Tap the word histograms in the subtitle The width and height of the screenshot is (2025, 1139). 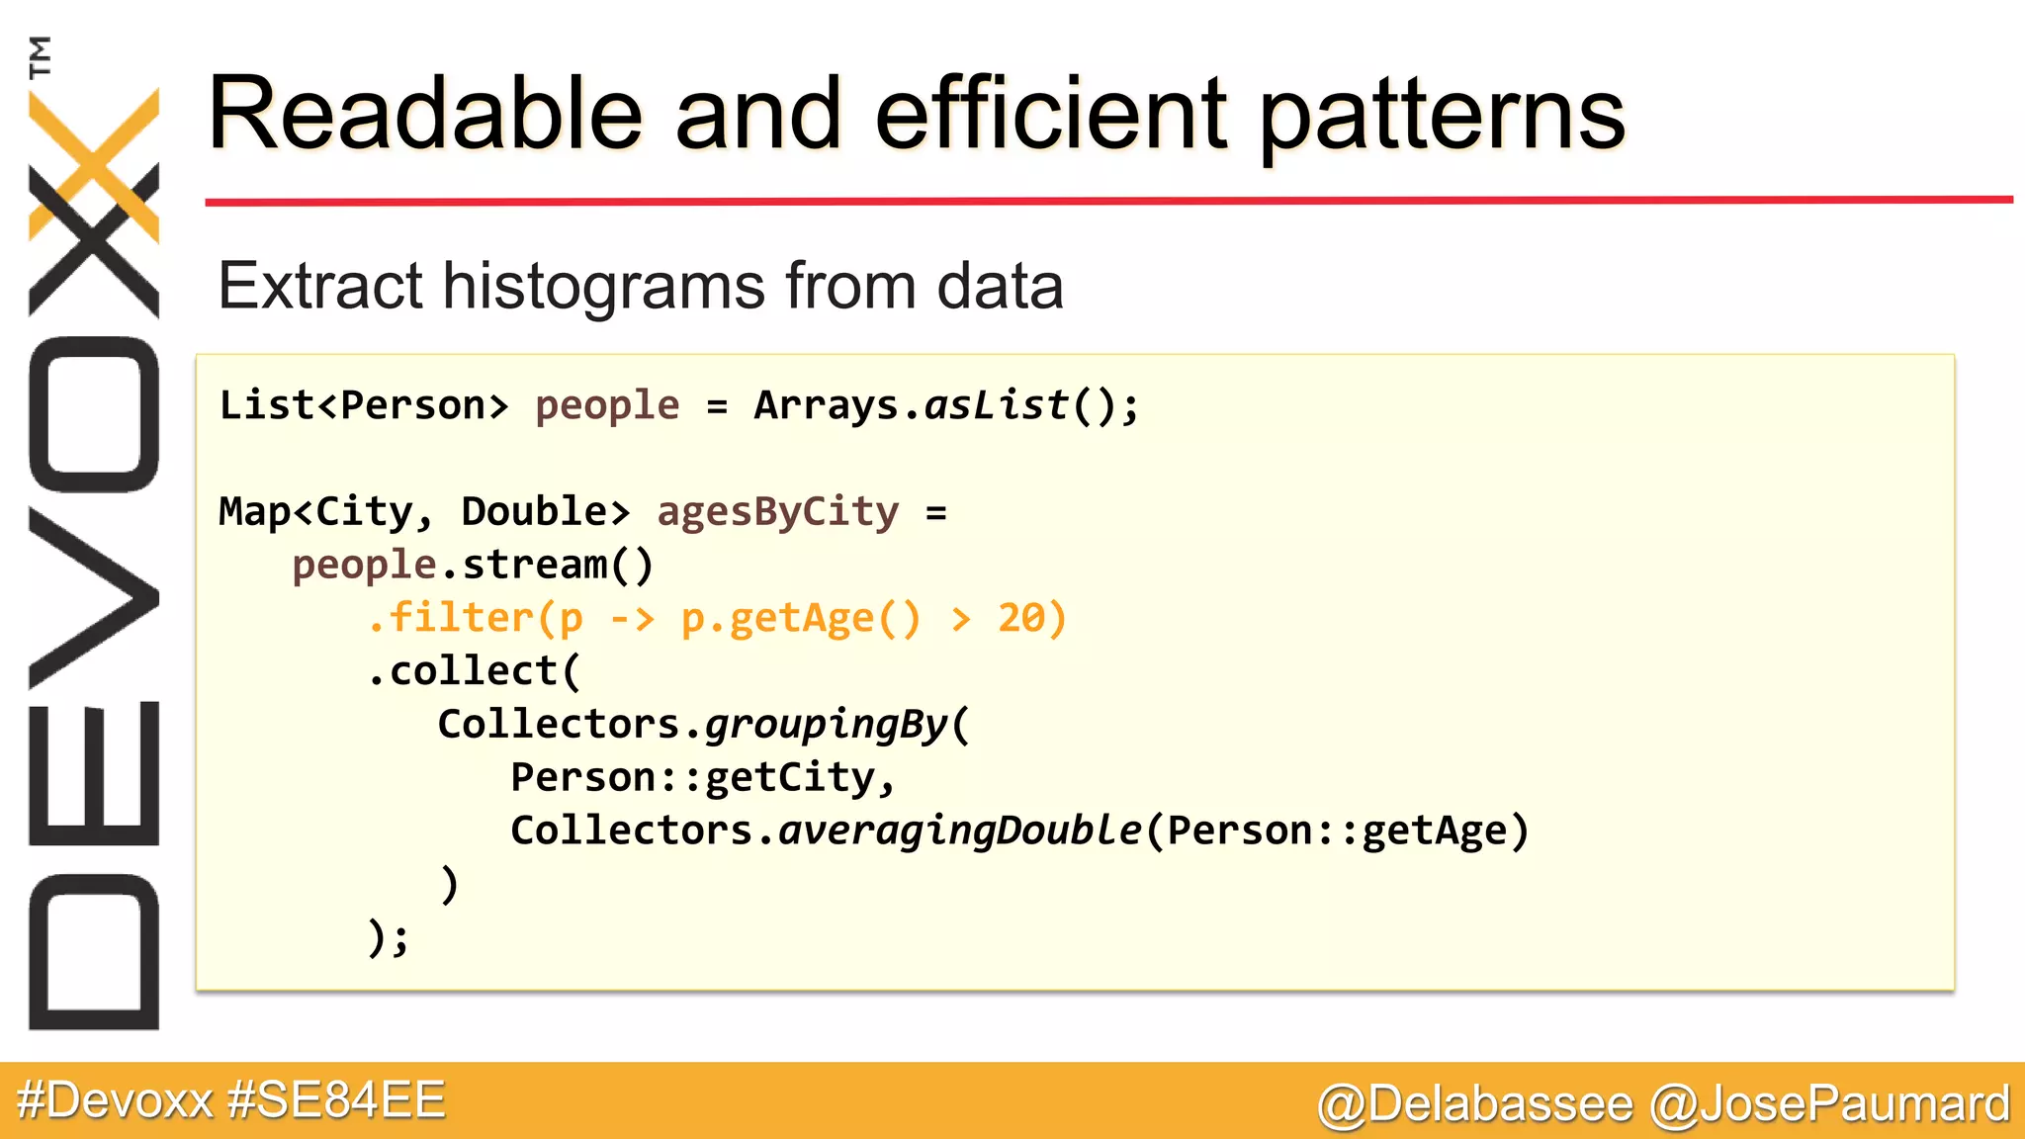coord(603,287)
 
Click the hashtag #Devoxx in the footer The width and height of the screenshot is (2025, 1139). coord(115,1100)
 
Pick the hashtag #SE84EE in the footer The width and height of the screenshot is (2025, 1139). coord(336,1100)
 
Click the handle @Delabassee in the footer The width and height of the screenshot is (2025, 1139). coord(1475,1103)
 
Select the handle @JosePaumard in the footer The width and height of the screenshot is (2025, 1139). coord(1830,1103)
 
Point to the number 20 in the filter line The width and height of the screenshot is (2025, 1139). coord(1021,618)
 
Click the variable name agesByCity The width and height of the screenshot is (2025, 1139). coord(778,512)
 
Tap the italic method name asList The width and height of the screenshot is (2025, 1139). coord(997,405)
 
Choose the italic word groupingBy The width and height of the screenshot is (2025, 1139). coord(827,725)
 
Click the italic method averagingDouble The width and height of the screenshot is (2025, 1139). coord(960,831)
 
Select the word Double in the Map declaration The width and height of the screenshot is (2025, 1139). coord(534,512)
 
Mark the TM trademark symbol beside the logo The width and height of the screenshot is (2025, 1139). coord(40,56)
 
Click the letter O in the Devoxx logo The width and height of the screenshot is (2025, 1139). coord(94,414)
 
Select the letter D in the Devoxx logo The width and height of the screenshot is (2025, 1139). coord(94,951)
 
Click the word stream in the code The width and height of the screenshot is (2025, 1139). coord(535,566)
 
